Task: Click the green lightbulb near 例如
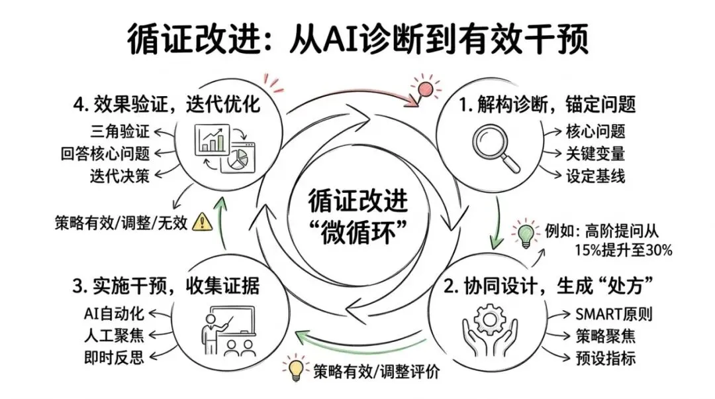tap(525, 235)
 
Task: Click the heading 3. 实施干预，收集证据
tap(166, 288)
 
